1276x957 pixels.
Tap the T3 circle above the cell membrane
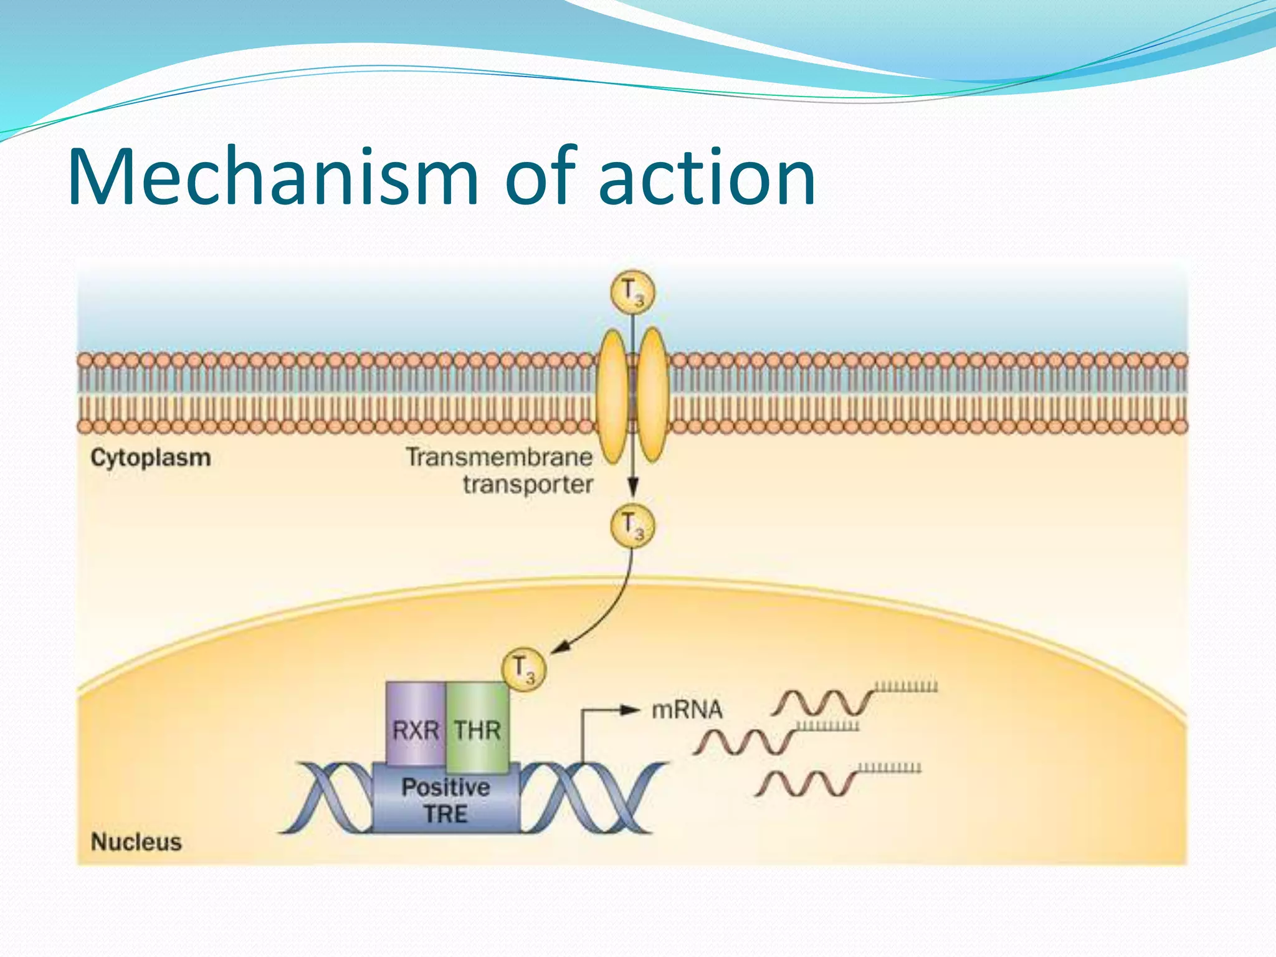point(632,292)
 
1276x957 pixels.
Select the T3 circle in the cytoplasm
point(632,526)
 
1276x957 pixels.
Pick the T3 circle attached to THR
point(523,670)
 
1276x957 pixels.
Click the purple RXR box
point(416,726)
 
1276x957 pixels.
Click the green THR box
point(477,726)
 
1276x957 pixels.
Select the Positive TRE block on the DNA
point(445,800)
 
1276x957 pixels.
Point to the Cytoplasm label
point(151,458)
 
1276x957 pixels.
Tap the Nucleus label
point(136,842)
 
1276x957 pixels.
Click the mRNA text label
point(687,710)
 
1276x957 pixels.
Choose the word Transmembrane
point(499,457)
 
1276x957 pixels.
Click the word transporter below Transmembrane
point(528,485)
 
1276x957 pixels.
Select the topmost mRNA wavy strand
point(822,703)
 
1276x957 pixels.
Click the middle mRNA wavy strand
point(744,741)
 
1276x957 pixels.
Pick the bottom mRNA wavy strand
point(806,783)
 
